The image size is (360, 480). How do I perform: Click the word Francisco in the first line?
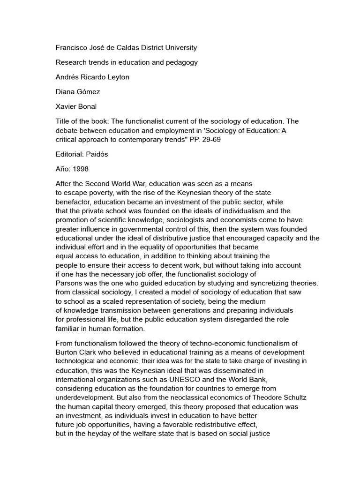[72, 48]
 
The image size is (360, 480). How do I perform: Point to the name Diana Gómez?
[78, 92]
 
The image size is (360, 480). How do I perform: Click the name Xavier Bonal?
[76, 106]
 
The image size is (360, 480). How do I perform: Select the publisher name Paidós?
[102, 154]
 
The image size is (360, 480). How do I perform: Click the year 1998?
[80, 168]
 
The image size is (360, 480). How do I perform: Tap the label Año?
[63, 168]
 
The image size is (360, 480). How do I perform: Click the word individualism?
[247, 211]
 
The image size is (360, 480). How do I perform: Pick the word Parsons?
[69, 283]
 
